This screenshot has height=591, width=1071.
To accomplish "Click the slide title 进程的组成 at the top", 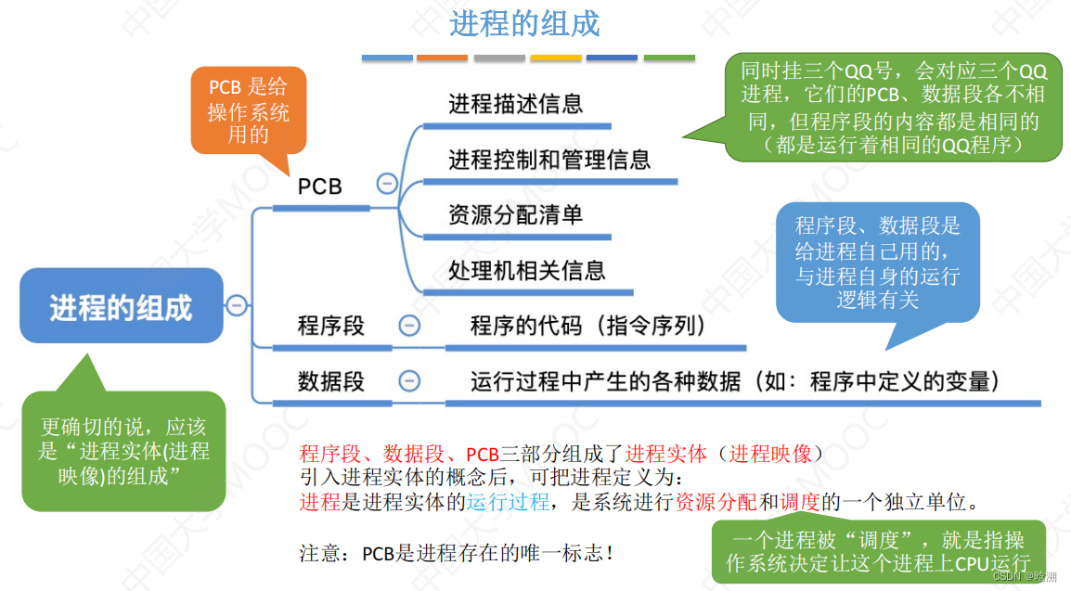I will click(524, 23).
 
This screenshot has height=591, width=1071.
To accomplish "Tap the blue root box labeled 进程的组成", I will click(121, 307).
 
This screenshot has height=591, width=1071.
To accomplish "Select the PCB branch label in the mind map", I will click(320, 186).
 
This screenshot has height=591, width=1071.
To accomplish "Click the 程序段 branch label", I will click(331, 327).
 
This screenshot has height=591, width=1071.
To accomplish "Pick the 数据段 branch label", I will click(331, 381).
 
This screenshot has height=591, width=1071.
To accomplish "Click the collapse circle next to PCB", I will click(387, 184).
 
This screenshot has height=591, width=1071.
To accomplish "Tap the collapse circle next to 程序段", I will click(408, 326).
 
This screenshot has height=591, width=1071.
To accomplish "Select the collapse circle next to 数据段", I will click(408, 380).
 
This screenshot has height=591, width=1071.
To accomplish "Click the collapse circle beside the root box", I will click(237, 305).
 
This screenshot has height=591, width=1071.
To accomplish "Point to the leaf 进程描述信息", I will click(516, 104).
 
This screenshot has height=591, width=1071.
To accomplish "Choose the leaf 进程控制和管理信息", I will click(549, 160).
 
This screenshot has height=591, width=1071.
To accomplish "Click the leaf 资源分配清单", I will click(516, 215).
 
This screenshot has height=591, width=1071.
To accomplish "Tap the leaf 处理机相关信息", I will click(527, 270).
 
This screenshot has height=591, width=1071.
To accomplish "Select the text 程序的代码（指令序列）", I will click(588, 327).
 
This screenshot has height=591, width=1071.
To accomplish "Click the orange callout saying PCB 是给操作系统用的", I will click(248, 110).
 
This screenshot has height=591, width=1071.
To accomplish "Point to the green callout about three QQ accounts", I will click(892, 107).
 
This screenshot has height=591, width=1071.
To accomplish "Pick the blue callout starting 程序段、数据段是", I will click(877, 263).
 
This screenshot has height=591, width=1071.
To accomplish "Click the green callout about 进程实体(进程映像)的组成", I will click(123, 451).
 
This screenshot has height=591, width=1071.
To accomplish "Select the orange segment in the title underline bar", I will click(443, 58).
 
